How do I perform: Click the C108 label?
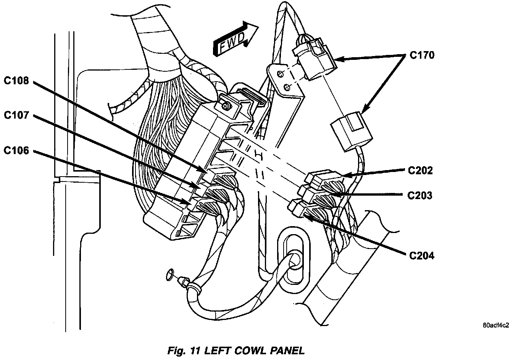click(x=16, y=80)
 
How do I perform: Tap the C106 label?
click(x=16, y=151)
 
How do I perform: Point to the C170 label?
click(x=422, y=56)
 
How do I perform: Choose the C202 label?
click(x=420, y=170)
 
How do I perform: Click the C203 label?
click(x=419, y=196)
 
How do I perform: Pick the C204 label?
click(x=421, y=256)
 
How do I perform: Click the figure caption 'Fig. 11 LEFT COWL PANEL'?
click(x=236, y=350)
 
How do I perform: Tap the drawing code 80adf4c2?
click(x=496, y=325)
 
